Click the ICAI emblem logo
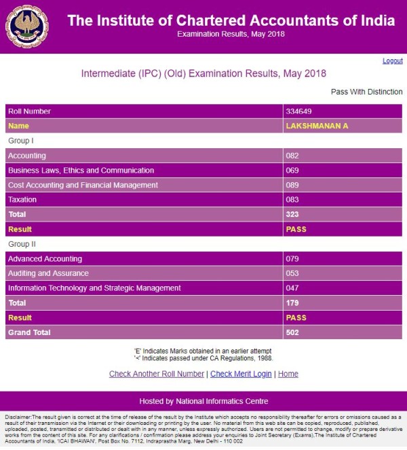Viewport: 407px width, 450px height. [x=27, y=27]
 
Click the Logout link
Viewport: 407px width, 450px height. [x=392, y=60]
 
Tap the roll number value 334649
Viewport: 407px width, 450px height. [x=299, y=111]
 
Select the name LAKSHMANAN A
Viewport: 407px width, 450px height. [x=317, y=126]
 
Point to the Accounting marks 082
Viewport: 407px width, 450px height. [x=292, y=156]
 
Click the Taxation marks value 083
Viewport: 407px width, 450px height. [x=292, y=200]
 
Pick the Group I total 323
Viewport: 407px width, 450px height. [x=293, y=214]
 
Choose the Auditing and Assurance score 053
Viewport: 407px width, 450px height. [x=292, y=273]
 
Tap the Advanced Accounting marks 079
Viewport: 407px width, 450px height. [x=292, y=259]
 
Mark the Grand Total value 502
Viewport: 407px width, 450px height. [x=293, y=332]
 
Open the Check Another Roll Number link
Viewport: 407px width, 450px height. [x=156, y=374]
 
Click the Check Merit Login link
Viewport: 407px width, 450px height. [x=241, y=374]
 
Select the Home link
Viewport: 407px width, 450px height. [x=288, y=374]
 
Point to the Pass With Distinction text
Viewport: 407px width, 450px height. [x=366, y=92]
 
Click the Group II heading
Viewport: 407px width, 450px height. [x=22, y=243]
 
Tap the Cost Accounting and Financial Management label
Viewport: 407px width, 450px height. [x=83, y=185]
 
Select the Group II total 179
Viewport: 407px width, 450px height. [x=293, y=302]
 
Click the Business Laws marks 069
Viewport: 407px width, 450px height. [x=292, y=170]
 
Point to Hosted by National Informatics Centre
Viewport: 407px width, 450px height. [x=203, y=401]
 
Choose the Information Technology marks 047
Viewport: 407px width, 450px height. [x=292, y=288]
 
